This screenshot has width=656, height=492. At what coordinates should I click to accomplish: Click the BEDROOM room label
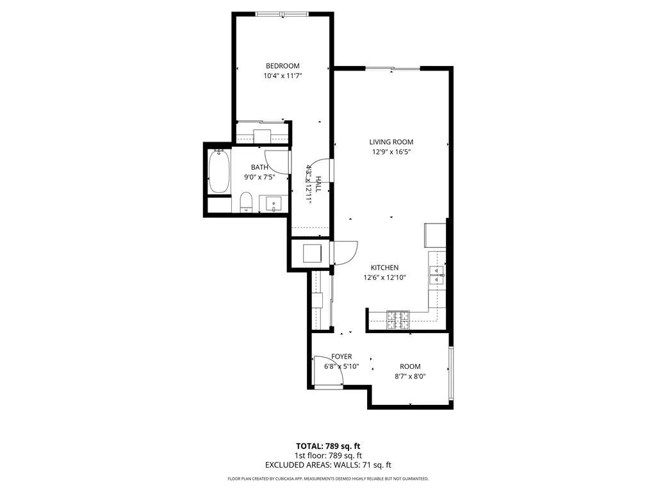click(283, 66)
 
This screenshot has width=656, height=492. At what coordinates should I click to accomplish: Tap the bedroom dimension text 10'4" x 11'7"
click(283, 76)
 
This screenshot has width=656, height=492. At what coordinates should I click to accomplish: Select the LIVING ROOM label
click(391, 142)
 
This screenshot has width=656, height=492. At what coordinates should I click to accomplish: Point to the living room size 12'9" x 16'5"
click(391, 152)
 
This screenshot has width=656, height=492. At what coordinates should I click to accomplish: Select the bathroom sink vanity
click(274, 204)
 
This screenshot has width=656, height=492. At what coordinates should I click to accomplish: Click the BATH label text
click(250, 168)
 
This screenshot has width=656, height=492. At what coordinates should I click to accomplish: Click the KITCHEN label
click(385, 268)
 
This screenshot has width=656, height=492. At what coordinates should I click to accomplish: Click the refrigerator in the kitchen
click(434, 235)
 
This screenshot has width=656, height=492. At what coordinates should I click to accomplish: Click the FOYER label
click(341, 356)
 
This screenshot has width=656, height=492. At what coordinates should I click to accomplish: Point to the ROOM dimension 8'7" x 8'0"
click(410, 377)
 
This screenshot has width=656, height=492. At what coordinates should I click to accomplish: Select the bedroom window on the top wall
click(282, 13)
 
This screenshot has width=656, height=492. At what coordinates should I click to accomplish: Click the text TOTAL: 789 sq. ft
click(327, 446)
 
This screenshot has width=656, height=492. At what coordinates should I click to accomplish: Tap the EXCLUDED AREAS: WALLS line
click(327, 465)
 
